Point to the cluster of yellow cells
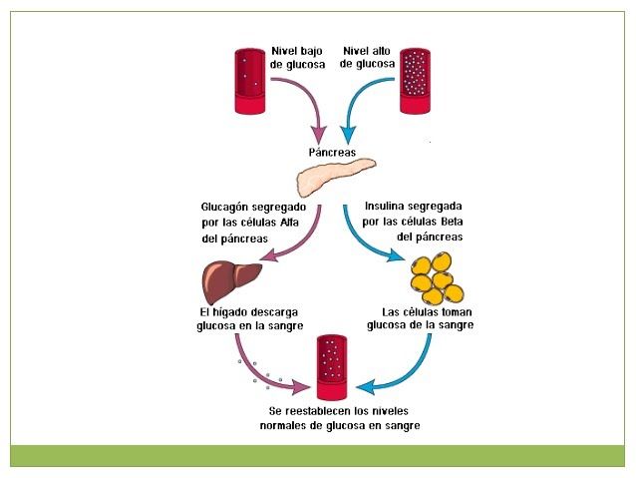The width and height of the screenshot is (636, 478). tap(438, 276)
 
